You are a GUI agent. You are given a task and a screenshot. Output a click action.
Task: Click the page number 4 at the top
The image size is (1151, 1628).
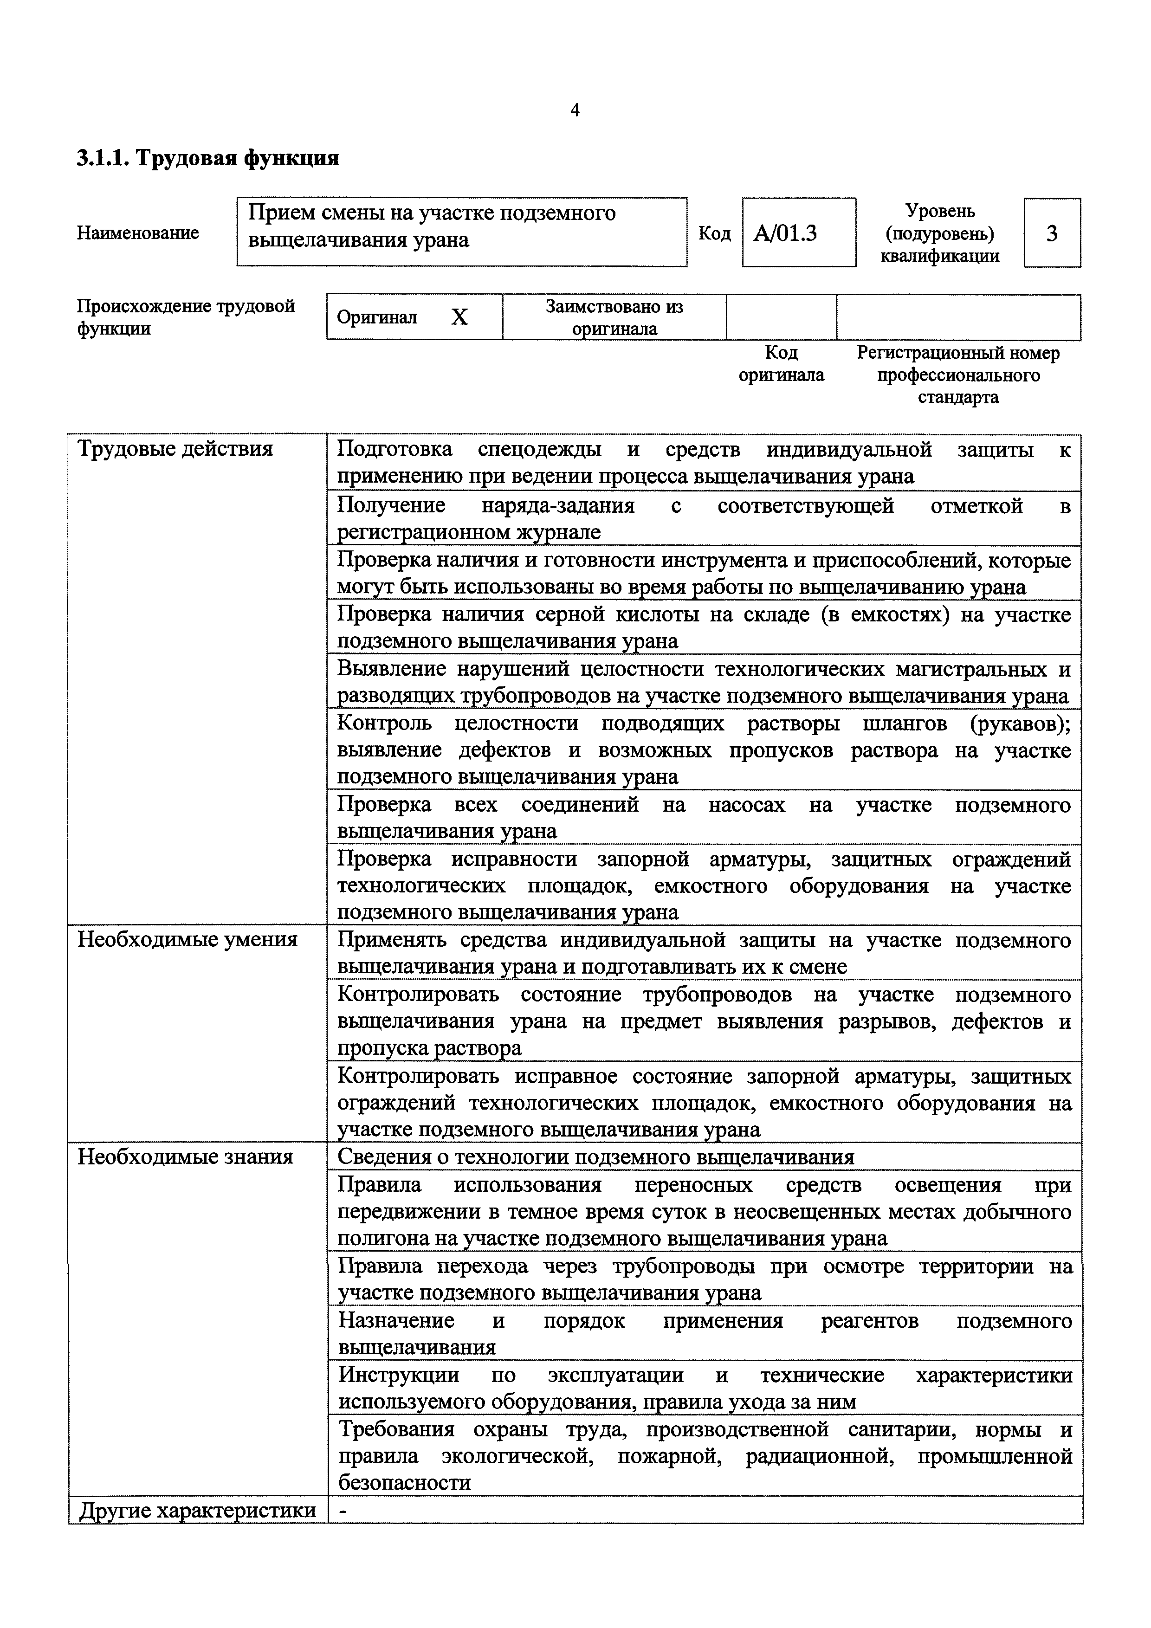click(x=575, y=110)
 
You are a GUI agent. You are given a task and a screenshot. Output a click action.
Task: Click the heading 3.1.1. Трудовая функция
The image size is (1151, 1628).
click(x=207, y=157)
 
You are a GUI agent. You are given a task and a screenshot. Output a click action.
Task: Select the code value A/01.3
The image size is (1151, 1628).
click(x=785, y=233)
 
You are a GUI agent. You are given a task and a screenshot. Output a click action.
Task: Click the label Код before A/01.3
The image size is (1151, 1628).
click(x=714, y=233)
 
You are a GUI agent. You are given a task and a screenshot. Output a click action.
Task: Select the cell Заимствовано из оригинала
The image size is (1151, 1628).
click(x=614, y=317)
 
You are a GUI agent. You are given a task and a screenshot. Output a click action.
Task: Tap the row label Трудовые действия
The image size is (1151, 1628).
click(x=175, y=449)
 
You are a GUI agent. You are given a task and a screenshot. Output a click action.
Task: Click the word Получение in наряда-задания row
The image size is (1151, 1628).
click(x=391, y=505)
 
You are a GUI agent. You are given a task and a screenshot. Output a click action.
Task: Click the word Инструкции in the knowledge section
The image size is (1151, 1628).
click(x=399, y=1375)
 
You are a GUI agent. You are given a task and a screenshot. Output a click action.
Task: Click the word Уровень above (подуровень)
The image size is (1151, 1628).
click(x=940, y=211)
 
